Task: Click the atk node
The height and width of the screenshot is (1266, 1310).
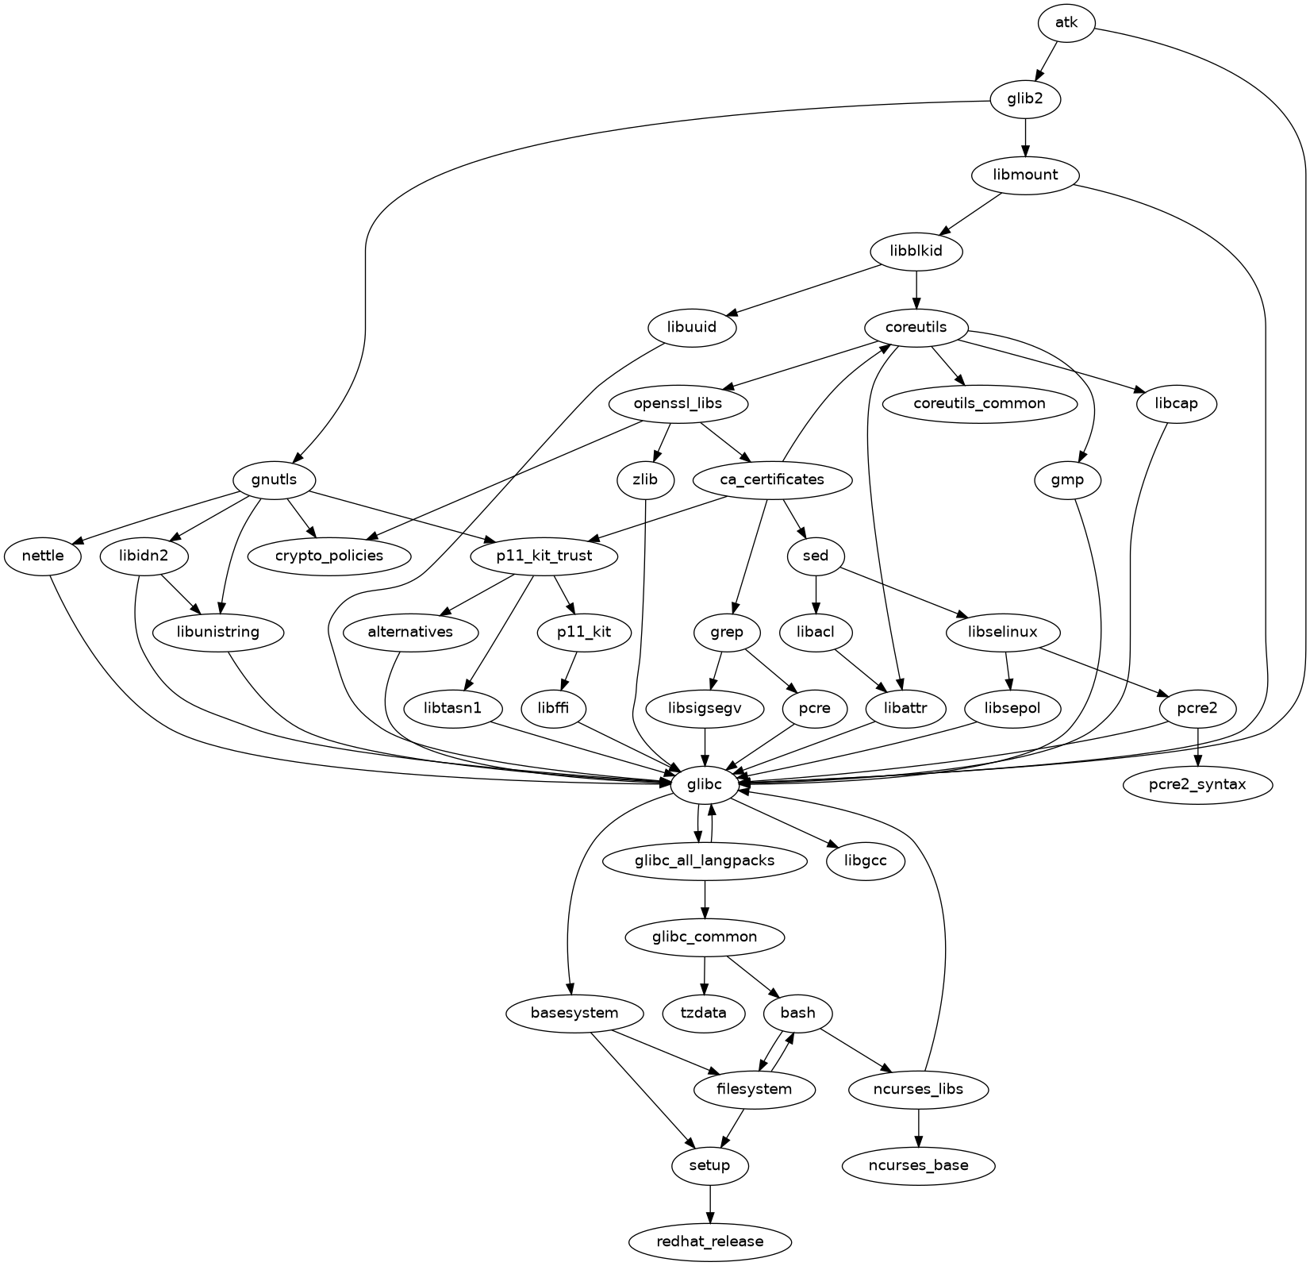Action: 1066,23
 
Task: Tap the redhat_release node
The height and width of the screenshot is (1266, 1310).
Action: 710,1241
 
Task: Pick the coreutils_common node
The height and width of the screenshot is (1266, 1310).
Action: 979,403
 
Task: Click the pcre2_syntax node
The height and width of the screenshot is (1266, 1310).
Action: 1197,785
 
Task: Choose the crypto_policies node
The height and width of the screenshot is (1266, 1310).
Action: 329,556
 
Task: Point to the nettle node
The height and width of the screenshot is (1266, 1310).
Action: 43,556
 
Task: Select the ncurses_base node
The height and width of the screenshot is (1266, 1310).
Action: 918,1165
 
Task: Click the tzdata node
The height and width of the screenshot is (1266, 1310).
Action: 705,1013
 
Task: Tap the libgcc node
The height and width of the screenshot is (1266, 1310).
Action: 865,860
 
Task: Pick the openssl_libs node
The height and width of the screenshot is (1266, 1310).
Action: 678,403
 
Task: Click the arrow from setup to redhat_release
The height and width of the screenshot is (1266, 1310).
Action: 710,1203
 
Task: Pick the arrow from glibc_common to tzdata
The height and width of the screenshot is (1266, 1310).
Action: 705,975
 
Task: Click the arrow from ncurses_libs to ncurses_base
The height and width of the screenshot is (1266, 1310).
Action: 918,1127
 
